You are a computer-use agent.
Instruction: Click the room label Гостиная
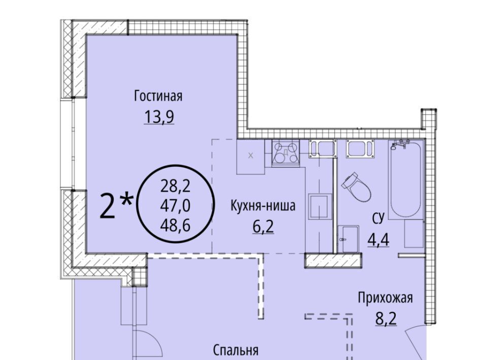(158, 96)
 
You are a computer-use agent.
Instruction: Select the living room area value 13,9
(159, 117)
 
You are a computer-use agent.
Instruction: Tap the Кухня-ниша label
(263, 205)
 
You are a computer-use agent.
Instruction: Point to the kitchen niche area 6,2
(263, 227)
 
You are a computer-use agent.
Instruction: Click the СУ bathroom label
(378, 219)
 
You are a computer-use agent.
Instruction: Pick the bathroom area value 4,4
(378, 239)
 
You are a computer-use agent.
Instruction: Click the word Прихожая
(386, 298)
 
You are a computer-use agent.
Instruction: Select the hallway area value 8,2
(386, 319)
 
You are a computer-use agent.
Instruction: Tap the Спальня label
(236, 350)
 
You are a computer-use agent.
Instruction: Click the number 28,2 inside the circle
(175, 187)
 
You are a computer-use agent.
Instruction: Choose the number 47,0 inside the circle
(175, 206)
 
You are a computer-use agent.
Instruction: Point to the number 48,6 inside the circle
(175, 225)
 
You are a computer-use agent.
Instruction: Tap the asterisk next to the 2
(126, 200)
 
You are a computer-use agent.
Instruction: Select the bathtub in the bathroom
(406, 180)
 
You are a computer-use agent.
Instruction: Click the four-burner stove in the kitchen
(286, 153)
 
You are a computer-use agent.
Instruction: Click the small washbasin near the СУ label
(348, 239)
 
